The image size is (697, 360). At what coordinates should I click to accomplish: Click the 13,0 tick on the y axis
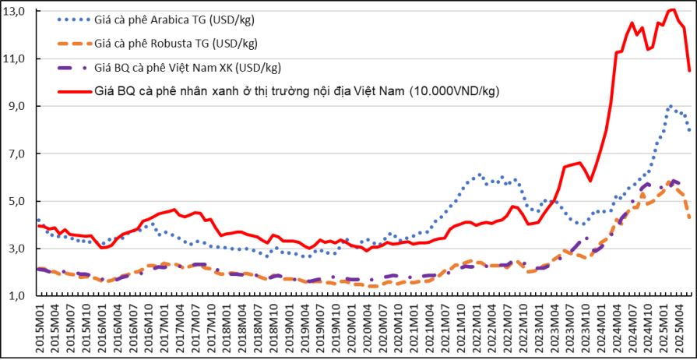(16, 11)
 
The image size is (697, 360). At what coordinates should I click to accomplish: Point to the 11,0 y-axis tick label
(16, 58)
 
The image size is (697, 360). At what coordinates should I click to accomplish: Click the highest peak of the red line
(672, 9)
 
